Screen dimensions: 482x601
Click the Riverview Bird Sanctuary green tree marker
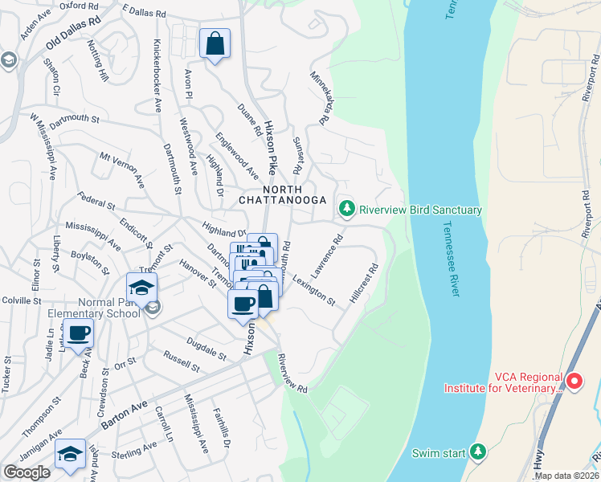coord(346,209)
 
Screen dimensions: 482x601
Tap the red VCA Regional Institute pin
coord(574,381)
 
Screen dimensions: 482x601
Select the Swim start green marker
coord(479,452)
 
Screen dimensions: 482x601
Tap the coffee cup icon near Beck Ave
coord(79,333)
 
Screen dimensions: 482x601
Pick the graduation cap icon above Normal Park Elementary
coord(141,288)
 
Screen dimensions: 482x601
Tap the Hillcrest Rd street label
coord(363,285)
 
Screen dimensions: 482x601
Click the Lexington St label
coord(313,289)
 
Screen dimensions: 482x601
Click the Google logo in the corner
coord(27,472)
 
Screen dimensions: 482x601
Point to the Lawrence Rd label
coord(328,256)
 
